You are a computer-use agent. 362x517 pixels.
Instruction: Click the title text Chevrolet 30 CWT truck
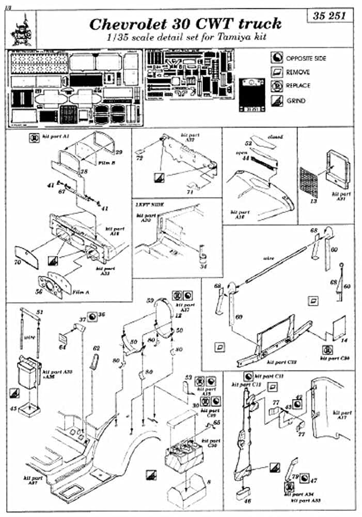tap(185, 24)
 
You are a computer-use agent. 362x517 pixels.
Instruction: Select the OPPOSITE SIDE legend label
tap(306, 58)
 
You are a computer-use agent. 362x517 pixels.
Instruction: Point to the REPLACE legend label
tap(298, 86)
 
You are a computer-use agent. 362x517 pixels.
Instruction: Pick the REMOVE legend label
tap(297, 72)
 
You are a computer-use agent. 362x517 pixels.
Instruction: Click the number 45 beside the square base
tap(14, 408)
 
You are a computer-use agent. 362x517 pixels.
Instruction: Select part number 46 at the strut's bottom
tap(241, 500)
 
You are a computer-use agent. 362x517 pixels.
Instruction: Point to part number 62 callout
tap(96, 348)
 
